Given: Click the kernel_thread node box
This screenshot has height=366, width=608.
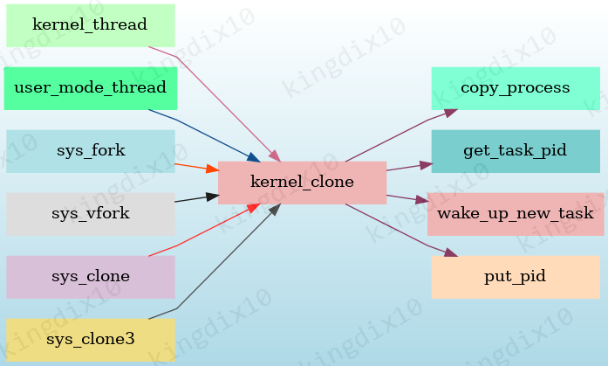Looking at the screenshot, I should pos(90,25).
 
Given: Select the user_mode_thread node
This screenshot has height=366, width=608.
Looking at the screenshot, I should pos(90,88).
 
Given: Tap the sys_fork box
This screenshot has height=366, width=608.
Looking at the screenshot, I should pos(90,151).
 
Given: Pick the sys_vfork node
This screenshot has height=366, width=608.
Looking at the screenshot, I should pos(90,214).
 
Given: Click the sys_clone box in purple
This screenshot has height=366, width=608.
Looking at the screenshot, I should pos(90,277).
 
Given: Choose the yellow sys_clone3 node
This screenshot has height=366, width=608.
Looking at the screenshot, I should pos(90,340).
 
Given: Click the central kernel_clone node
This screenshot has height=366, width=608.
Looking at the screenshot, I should pos(302,183).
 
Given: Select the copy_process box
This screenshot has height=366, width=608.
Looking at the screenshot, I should pos(515,88).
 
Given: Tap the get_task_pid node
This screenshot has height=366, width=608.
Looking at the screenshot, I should pos(515,151).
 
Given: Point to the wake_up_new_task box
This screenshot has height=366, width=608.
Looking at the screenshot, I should pos(515,214).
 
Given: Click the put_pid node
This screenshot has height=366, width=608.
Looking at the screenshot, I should pos(515,277).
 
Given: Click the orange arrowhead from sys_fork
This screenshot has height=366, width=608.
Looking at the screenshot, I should pos(212,169).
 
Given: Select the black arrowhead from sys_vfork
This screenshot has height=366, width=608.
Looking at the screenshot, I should pos(212,197).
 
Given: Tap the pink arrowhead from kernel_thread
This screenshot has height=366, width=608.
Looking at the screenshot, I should pos(275,156).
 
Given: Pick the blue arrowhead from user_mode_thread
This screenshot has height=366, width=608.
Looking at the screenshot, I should pos(254,157).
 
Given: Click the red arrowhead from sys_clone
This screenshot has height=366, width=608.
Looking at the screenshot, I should pos(253,207).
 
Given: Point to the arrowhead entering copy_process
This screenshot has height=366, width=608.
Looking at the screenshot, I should pos(451,111).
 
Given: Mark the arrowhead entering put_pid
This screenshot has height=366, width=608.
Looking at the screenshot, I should pos(451,253).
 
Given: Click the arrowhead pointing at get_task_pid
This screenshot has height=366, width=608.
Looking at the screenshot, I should pos(426,163).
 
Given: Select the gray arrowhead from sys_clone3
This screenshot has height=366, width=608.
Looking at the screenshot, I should pos(274,209).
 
